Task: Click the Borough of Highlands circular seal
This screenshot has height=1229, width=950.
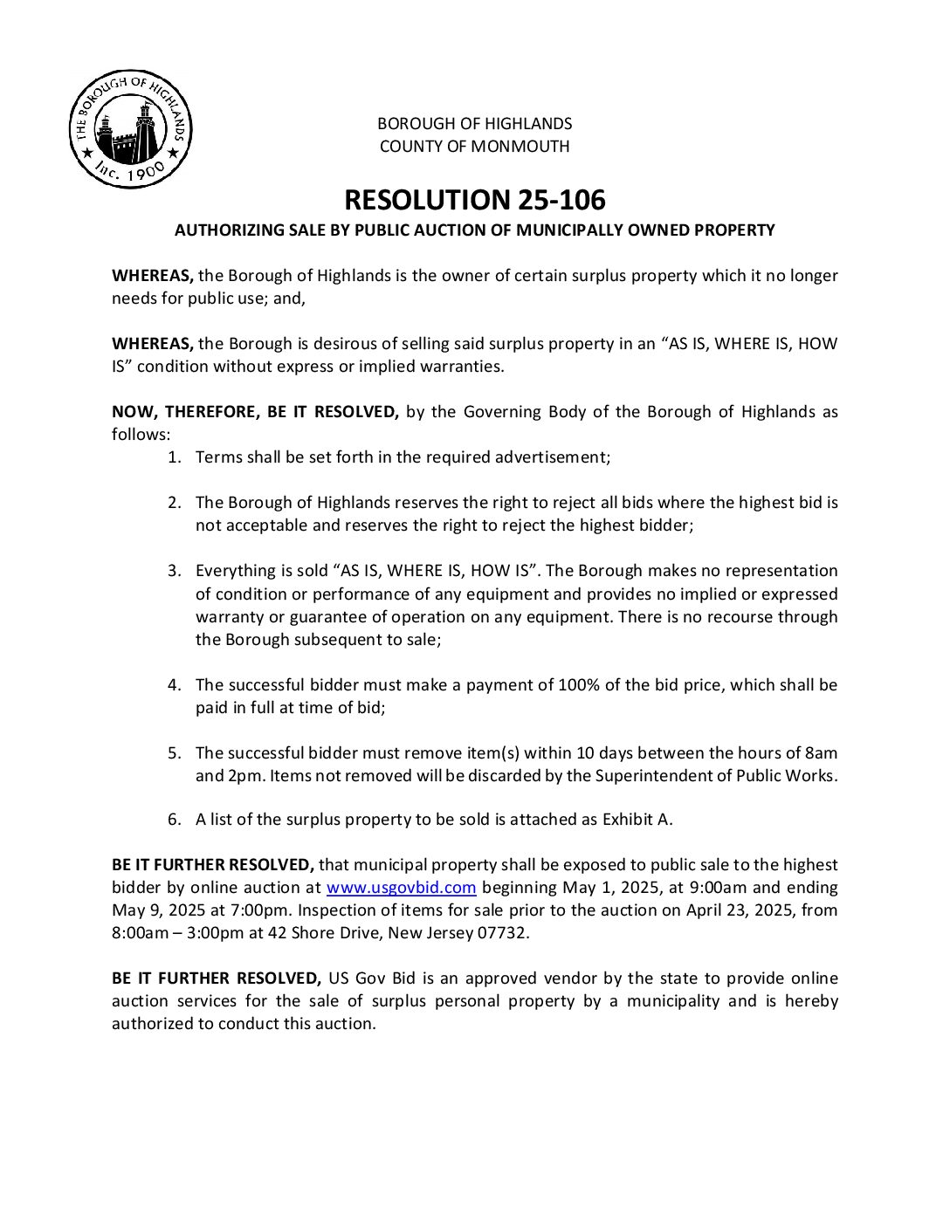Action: pyautogui.click(x=131, y=130)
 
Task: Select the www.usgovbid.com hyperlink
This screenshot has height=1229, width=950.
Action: pyautogui.click(x=401, y=888)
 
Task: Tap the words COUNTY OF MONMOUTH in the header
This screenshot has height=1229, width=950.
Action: pyautogui.click(x=474, y=147)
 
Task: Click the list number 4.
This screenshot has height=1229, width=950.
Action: pyautogui.click(x=175, y=684)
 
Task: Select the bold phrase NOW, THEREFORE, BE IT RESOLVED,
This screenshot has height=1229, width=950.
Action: pyautogui.click(x=255, y=412)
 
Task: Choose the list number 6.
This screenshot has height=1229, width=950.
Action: pyautogui.click(x=175, y=819)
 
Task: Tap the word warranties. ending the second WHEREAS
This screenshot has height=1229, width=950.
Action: pyautogui.click(x=464, y=367)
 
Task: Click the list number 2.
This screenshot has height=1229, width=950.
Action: pyautogui.click(x=175, y=503)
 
